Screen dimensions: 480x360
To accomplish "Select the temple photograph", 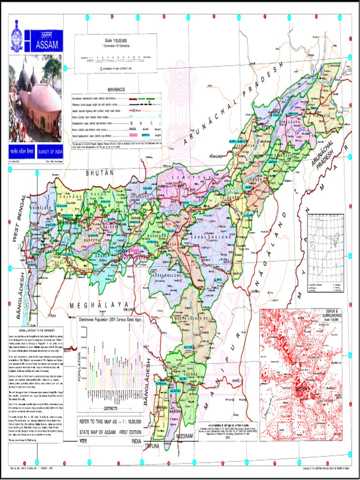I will click(x=35, y=98).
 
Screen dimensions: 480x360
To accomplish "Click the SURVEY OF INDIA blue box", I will click(x=47, y=152).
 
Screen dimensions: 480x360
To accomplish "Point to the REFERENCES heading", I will click(x=116, y=90).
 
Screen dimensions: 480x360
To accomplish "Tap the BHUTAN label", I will click(x=100, y=173).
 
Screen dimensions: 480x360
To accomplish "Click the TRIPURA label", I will click(x=152, y=446).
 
